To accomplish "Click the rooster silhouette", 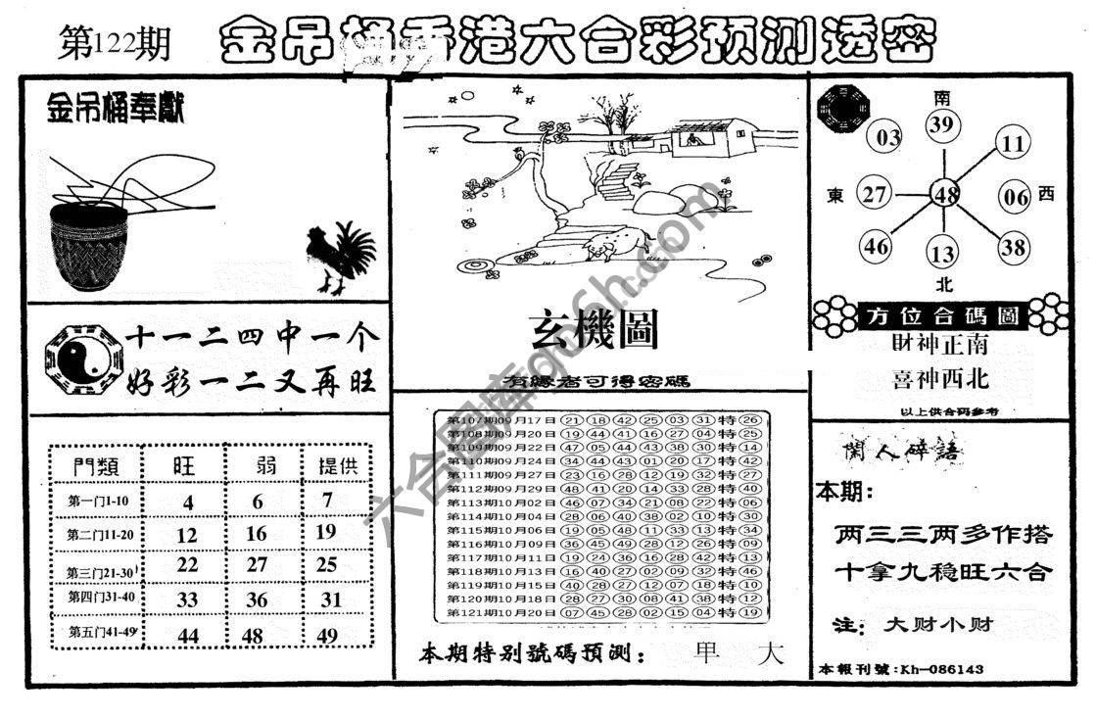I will point(339,258).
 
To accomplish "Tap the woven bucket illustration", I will point(89,246).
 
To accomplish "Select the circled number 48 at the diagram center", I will point(945,194).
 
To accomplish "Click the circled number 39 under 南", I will point(942,123).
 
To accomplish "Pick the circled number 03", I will point(888,137).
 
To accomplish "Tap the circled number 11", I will point(1012,144).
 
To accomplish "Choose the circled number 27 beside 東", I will point(874,194).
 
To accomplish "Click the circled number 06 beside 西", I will point(1016,197).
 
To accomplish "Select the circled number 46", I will point(876,246).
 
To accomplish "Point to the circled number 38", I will point(1014,247).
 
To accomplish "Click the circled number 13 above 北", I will point(942,255).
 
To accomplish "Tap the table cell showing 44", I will point(185,636).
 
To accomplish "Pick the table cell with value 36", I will point(257,599).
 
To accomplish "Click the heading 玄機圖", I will point(594,330).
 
